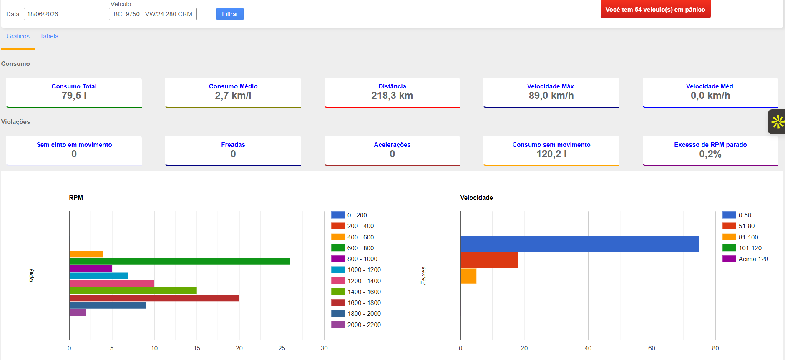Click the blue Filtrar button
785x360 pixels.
(x=230, y=14)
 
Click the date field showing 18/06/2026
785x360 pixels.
(x=67, y=14)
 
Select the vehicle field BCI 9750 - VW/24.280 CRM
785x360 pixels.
(x=153, y=14)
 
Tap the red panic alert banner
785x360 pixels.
(x=655, y=9)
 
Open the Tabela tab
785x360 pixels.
(x=49, y=36)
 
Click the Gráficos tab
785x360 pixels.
(x=18, y=36)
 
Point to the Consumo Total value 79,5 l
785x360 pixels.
(x=74, y=96)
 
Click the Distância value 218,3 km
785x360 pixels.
(x=392, y=96)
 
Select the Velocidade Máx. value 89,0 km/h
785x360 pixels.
(x=551, y=96)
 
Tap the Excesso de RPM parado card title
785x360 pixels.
(x=710, y=145)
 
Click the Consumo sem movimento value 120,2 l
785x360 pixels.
(x=551, y=154)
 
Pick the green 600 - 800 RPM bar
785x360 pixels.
(x=180, y=262)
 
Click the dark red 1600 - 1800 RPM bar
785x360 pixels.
(x=154, y=298)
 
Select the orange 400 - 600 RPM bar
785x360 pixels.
(x=86, y=254)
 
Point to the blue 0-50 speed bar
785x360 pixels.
(x=580, y=244)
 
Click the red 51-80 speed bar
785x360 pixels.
(x=489, y=260)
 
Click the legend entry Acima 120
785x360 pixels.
(x=745, y=259)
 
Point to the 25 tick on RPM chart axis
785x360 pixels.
(x=282, y=348)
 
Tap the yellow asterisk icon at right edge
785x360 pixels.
(x=777, y=122)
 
